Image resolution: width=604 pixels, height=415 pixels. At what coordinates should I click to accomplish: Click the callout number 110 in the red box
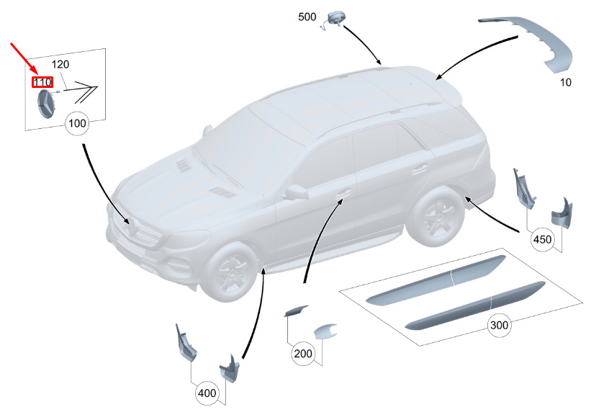point(42,82)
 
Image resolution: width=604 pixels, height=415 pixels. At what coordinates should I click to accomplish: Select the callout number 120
point(60,64)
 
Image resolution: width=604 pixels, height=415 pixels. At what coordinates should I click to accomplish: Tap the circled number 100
point(77,123)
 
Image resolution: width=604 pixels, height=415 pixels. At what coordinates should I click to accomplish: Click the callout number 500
point(307,17)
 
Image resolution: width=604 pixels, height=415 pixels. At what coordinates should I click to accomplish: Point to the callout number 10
point(565,83)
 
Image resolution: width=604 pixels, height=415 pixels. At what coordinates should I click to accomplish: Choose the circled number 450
point(542,239)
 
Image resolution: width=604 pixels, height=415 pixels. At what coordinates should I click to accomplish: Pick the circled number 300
point(499,325)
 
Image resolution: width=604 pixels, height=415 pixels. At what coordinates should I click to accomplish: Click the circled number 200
point(303,354)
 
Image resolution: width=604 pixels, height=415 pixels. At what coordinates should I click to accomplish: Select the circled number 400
point(207,393)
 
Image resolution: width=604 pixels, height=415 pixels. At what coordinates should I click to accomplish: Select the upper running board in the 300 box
point(436,280)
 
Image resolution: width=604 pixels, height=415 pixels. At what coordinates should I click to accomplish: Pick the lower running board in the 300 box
point(476,305)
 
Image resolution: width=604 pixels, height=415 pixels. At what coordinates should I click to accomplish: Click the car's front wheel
point(229,272)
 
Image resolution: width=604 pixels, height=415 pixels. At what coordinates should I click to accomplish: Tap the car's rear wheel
point(436,217)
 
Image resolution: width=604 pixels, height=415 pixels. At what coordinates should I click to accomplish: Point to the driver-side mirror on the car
point(297,192)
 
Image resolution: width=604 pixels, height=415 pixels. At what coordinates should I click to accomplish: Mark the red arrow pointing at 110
point(24,58)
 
